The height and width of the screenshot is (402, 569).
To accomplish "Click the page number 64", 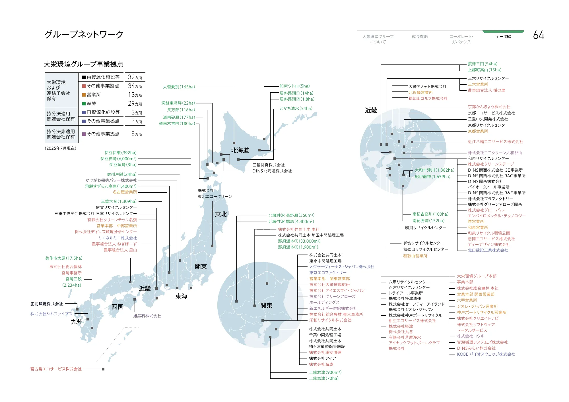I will coord(538,35).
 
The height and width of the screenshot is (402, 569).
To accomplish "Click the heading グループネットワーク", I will coord(84,34).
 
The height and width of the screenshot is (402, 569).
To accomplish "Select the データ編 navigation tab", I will coord(503,37).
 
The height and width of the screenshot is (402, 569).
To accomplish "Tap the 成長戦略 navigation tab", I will coord(420,37).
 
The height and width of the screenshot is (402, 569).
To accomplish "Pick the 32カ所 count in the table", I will coord(135,77).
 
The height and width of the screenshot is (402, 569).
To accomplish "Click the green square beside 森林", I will coord(84,104).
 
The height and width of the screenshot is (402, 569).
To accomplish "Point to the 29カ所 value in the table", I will coord(135,104).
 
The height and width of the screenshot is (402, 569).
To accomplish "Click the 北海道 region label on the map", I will coord(240,150).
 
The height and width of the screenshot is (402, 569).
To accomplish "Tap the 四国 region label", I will coord(117,307).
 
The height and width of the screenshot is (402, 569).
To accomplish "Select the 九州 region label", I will coord(77,322).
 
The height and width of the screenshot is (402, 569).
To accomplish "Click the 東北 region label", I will coord(221,214).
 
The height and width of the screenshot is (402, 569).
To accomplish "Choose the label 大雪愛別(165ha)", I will coord(179,87).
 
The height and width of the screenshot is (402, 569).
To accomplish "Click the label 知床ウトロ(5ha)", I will coord(294,86).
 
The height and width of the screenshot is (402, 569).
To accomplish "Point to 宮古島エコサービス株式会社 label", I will coord(56,369).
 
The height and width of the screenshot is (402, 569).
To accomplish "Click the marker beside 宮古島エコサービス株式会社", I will coord(103,369).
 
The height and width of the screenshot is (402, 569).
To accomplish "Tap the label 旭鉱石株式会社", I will coord(147,316).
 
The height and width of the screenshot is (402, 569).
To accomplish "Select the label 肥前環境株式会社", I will coord(47,304).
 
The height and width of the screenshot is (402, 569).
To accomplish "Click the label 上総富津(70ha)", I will coord(324,378).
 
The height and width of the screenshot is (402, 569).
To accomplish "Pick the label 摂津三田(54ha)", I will coord(483,64).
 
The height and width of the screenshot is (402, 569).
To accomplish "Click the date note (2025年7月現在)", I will coord(61,148).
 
